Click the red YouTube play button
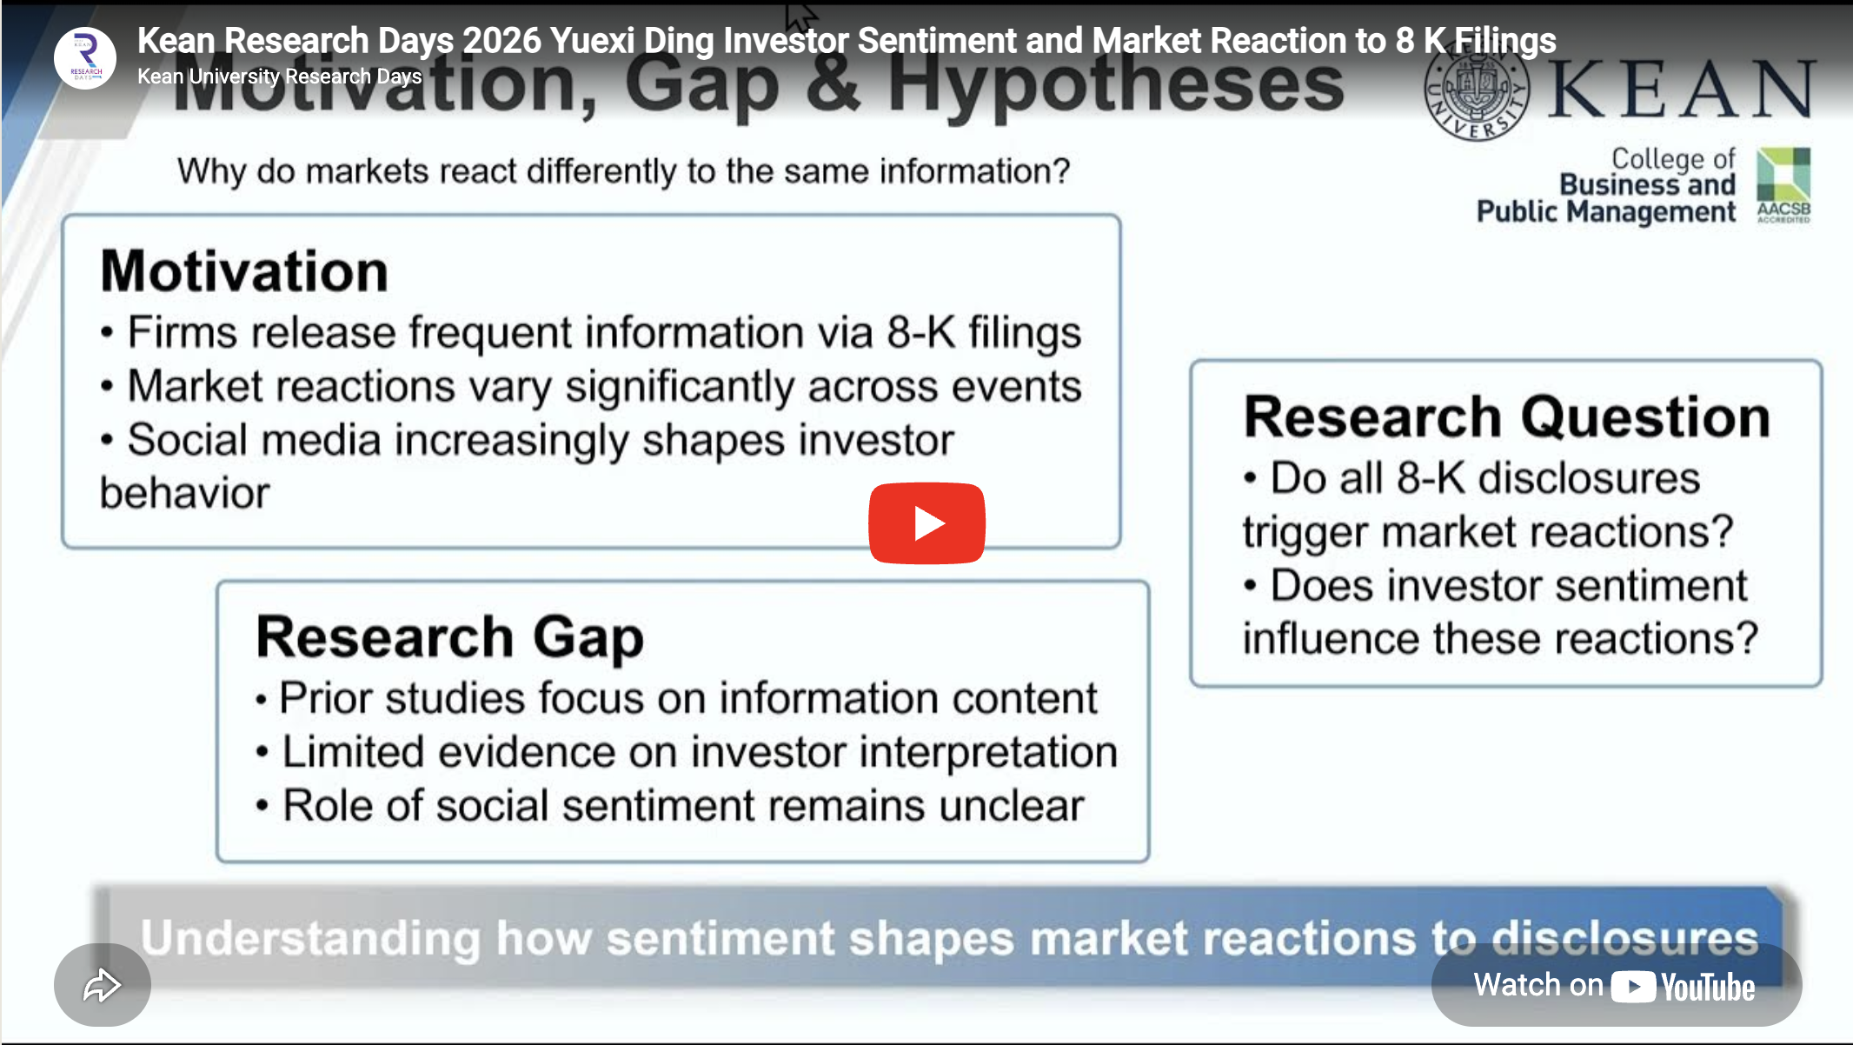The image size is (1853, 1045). pyautogui.click(x=926, y=523)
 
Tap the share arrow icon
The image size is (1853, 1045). pyautogui.click(x=102, y=985)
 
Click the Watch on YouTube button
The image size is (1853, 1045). pyautogui.click(x=1616, y=986)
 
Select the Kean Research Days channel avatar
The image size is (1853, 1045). pyautogui.click(x=85, y=58)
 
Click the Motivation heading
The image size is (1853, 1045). pyautogui.click(x=244, y=271)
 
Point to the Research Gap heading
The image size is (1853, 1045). pyautogui.click(x=449, y=637)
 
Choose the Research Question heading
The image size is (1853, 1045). pyautogui.click(x=1506, y=417)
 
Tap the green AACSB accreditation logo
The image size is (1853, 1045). pyautogui.click(x=1783, y=185)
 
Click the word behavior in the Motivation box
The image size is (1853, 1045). pyautogui.click(x=184, y=494)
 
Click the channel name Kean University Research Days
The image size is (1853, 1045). pyautogui.click(x=279, y=77)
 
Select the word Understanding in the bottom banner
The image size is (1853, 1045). pyautogui.click(x=309, y=939)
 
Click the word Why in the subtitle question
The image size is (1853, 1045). pyautogui.click(x=212, y=171)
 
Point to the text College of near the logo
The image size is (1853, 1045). pyautogui.click(x=1673, y=159)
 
